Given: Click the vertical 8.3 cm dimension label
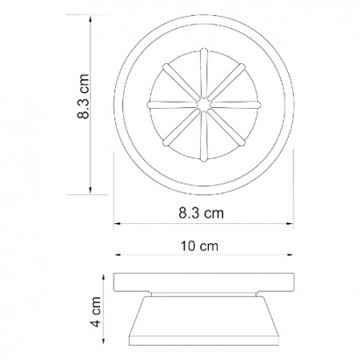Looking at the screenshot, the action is (x=83, y=96).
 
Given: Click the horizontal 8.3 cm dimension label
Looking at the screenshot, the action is (x=201, y=213).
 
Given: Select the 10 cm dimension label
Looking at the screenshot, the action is (x=199, y=246).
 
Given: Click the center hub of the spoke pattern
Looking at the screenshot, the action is (x=204, y=105).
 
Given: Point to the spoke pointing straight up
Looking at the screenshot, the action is (x=204, y=73).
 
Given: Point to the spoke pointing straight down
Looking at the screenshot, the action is (x=204, y=136).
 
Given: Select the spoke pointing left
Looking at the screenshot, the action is (x=172, y=105).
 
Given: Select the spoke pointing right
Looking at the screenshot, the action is (x=235, y=105).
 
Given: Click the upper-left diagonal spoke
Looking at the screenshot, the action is (x=182, y=82).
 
